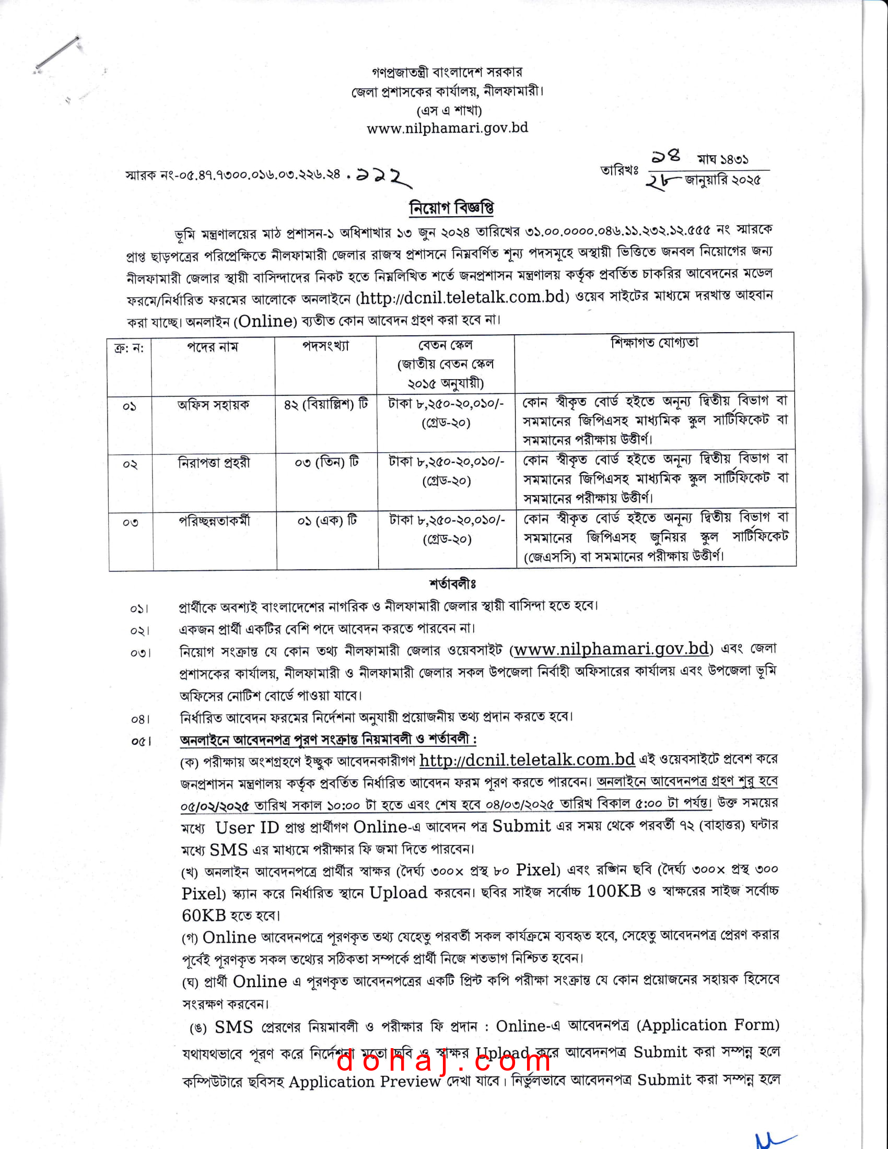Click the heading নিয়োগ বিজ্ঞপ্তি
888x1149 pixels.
(x=451, y=208)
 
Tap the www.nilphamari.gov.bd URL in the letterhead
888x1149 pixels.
(x=447, y=128)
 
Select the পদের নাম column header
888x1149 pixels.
(x=213, y=347)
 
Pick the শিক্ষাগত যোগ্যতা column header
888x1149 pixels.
(x=655, y=343)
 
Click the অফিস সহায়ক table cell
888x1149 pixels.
(x=213, y=405)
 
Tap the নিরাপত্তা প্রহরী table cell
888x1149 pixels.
(x=214, y=462)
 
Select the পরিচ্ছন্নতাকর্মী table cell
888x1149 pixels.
(x=215, y=521)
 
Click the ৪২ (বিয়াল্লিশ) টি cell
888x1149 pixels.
(x=325, y=404)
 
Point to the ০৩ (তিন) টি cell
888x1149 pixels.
(x=326, y=462)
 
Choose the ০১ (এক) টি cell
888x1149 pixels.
(x=327, y=520)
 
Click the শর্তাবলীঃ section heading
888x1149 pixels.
(x=452, y=584)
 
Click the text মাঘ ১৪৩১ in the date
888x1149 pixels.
(x=723, y=159)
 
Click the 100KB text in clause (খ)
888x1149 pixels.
(x=614, y=890)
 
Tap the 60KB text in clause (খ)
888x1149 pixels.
(x=204, y=916)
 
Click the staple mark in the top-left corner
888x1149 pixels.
(x=58, y=54)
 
